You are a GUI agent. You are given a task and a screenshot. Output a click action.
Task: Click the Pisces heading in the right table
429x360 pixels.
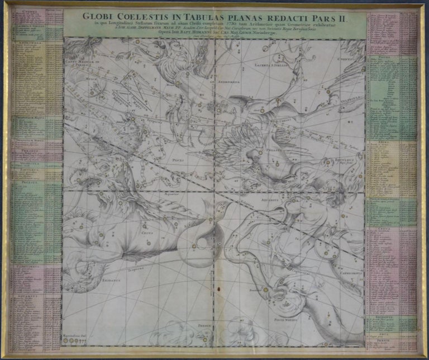coord(391,56)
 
